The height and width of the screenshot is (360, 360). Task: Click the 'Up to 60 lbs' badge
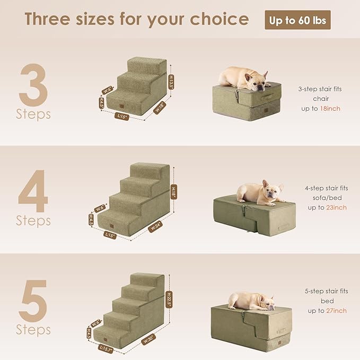point(298,20)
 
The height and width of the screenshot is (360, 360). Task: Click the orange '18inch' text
point(330,108)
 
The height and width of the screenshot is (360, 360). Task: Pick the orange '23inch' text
point(336,207)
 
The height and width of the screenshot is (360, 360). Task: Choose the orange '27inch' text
point(336,311)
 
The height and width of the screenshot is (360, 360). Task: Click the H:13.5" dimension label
point(171,83)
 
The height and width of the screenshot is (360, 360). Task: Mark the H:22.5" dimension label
point(170,295)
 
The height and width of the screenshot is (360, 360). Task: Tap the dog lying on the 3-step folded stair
point(245,77)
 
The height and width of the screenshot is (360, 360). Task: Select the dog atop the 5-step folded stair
point(252,301)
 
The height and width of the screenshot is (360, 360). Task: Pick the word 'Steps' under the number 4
point(33,219)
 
